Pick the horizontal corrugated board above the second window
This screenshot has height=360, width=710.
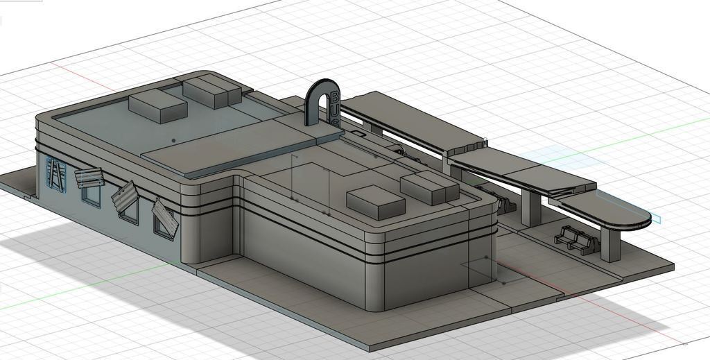(89, 178)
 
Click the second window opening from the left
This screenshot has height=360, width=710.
(91, 194)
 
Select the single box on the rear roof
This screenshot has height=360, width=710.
(158, 105)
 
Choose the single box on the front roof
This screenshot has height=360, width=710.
(375, 201)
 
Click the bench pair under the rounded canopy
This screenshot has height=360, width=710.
(574, 239)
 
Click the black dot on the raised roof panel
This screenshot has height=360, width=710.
(173, 140)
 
